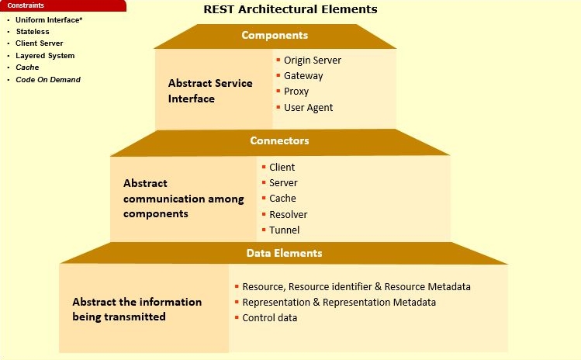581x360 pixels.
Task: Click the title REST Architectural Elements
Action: point(290,9)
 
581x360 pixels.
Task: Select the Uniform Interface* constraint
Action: point(49,19)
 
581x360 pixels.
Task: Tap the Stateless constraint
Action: point(33,32)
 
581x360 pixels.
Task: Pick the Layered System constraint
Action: point(45,56)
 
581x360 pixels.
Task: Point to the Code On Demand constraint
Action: point(48,80)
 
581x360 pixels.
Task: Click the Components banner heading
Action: point(275,36)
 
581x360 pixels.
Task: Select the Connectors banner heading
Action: point(279,141)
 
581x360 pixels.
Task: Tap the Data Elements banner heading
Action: point(284,253)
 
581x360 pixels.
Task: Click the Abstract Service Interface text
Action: point(210,91)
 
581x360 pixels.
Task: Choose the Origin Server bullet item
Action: point(312,61)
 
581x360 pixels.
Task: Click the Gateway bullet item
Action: point(303,76)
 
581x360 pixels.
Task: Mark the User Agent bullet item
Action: point(308,108)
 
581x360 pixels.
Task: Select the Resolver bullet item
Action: point(288,214)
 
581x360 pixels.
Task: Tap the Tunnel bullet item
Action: point(284,230)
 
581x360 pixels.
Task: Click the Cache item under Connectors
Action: point(282,199)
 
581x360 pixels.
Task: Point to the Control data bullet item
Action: point(269,318)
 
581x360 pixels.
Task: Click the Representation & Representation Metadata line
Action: point(339,303)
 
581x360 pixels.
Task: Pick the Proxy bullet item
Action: point(296,92)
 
